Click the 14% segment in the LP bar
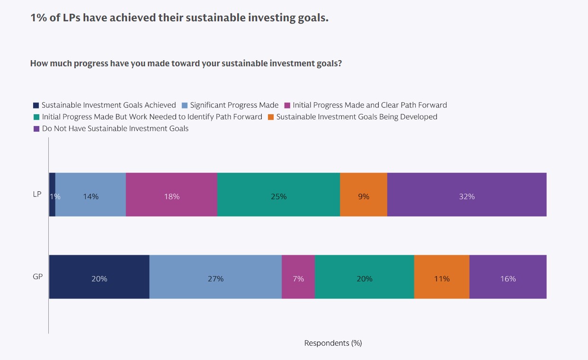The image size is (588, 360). click(x=90, y=195)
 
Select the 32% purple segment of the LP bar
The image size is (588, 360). click(x=467, y=195)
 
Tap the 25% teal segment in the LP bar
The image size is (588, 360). click(x=278, y=195)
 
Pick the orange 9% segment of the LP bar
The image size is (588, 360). click(x=364, y=195)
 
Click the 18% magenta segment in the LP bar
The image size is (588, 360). click(x=171, y=195)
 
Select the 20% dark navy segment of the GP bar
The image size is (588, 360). click(x=99, y=277)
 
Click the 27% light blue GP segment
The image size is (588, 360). click(x=215, y=277)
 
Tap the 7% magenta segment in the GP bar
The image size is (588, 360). click(x=298, y=277)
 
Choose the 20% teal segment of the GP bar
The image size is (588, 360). click(x=365, y=277)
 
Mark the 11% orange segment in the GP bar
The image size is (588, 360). click(x=442, y=277)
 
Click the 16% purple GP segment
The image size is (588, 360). click(x=508, y=277)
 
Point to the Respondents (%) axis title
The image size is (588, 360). click(x=333, y=343)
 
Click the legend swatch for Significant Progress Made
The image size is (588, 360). click(x=186, y=106)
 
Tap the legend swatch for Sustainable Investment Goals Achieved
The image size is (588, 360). click(x=36, y=106)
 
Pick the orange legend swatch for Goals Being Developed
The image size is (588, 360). click(x=271, y=117)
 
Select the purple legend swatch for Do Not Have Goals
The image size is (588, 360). click(x=36, y=129)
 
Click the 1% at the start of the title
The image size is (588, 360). click(x=37, y=18)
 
